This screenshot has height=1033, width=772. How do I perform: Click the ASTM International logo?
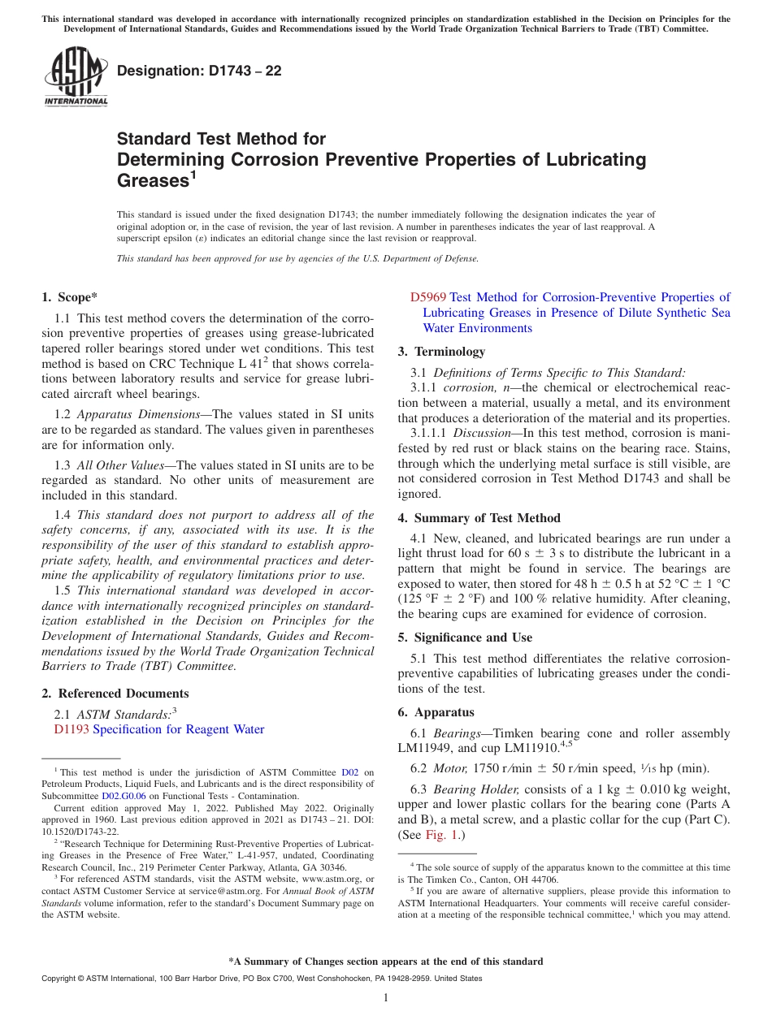click(76, 77)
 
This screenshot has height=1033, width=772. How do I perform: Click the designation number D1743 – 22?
click(199, 71)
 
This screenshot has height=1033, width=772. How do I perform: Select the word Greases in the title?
click(152, 180)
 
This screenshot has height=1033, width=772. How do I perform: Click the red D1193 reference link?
click(72, 729)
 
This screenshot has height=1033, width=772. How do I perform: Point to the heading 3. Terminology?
click(441, 352)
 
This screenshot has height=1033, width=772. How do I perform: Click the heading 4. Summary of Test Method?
click(479, 518)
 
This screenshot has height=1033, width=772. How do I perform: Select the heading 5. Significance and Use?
click(465, 638)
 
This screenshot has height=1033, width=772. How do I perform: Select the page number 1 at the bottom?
click(386, 997)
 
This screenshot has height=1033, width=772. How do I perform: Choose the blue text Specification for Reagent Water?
click(179, 729)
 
